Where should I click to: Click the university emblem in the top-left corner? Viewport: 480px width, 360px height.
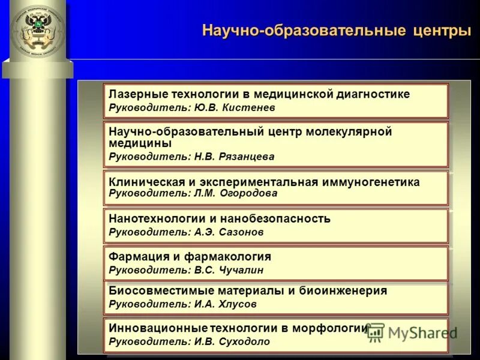coord(37,31)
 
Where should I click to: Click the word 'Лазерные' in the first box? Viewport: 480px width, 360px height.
coord(137,94)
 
